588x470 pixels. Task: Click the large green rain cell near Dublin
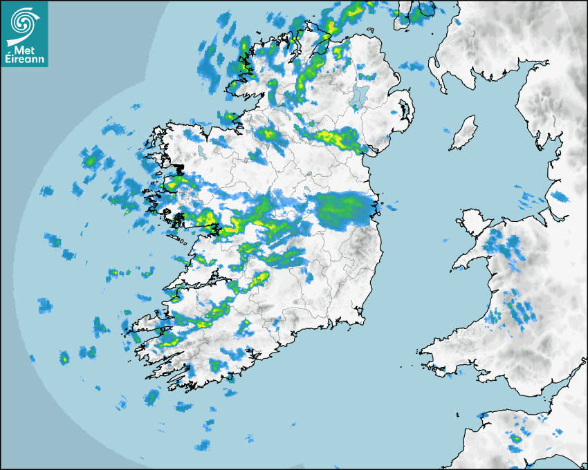coord(344,209)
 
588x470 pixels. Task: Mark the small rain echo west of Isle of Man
coord(447,131)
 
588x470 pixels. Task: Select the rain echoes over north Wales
coord(502,245)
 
